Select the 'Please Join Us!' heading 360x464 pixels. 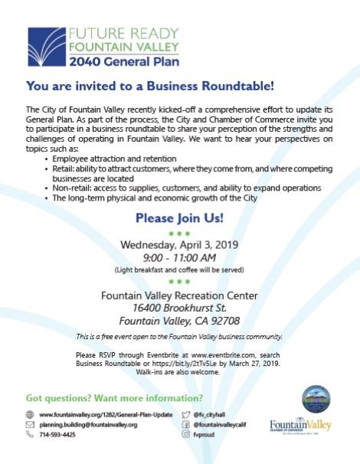coord(179,217)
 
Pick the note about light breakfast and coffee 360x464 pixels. coord(179,271)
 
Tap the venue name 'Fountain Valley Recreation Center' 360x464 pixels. coord(179,296)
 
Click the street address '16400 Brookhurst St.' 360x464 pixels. coord(179,309)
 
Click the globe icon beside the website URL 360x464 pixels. coord(31,414)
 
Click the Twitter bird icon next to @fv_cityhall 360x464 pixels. coord(187,414)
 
